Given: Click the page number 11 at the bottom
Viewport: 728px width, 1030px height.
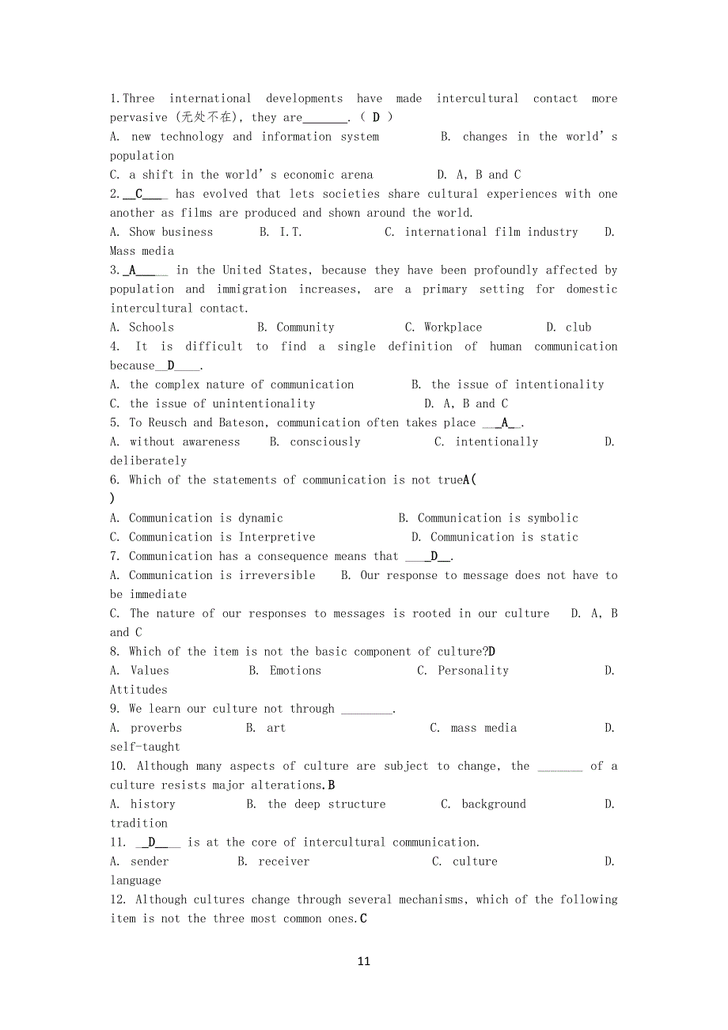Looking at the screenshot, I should pos(363,961).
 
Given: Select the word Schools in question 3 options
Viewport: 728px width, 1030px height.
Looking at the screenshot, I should pos(151,328).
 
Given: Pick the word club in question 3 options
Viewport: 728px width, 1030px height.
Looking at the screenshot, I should pos(578,328).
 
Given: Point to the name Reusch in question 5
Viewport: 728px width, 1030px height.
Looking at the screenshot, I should pos(168,423).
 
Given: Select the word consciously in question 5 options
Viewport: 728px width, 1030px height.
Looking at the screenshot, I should pos(325,442).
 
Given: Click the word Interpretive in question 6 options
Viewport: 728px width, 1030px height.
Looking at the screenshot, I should pos(277,537).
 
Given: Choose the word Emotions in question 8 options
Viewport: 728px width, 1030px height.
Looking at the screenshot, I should pos(295,671).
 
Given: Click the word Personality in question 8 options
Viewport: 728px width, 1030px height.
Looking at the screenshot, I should pos(473,671).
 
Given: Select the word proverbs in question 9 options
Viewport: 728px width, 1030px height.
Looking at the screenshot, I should pos(156,728).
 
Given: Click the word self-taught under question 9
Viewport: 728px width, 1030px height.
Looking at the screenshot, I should pos(145,747).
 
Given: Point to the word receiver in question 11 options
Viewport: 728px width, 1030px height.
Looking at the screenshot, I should pos(283,861).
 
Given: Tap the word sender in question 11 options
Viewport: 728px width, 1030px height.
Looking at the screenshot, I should pos(150,861).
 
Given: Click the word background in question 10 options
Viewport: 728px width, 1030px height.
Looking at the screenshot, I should pos(494,805).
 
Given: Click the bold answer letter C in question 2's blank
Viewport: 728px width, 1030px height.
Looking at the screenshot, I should pos(139,194).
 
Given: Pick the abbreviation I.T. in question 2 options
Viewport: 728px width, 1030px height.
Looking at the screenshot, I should pos(290,233).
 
